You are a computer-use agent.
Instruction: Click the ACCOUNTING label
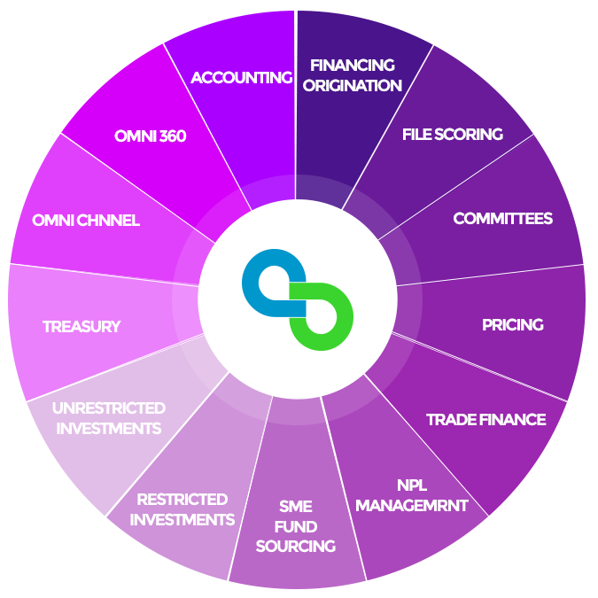click(x=241, y=77)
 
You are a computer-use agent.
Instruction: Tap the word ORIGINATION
click(x=353, y=86)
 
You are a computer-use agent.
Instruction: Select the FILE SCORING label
click(x=452, y=135)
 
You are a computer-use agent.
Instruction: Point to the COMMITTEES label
click(x=502, y=219)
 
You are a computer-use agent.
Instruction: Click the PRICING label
click(x=512, y=325)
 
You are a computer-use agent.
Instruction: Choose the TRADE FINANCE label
click(x=485, y=419)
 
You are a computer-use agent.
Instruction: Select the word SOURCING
click(x=296, y=547)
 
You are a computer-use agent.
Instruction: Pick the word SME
click(x=295, y=507)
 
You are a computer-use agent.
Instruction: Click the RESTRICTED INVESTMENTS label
click(x=183, y=509)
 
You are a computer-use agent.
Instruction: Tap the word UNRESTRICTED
click(x=109, y=408)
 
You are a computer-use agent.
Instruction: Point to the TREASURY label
click(x=82, y=327)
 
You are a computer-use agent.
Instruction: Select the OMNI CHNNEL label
click(x=86, y=221)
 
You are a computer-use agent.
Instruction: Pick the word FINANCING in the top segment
click(x=353, y=66)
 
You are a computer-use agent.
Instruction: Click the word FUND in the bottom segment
click(x=295, y=527)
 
